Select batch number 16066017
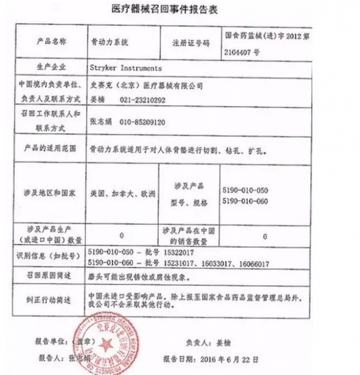click(x=251, y=263)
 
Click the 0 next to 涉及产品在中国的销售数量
click(x=265, y=236)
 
